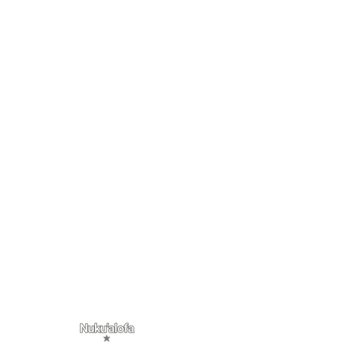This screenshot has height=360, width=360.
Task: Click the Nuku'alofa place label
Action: [107, 329]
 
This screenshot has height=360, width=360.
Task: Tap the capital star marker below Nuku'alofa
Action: [107, 338]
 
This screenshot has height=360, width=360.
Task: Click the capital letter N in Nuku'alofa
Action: [84, 329]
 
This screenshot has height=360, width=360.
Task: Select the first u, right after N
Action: [91, 329]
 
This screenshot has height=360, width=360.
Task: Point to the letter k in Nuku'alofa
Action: [97, 329]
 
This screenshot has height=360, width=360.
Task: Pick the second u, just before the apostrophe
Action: [104, 329]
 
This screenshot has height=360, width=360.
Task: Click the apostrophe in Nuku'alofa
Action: [108, 325]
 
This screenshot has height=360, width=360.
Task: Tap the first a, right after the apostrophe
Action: [112, 329]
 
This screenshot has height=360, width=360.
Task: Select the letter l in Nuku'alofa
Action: [116, 329]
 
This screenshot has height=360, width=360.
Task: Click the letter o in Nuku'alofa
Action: [120, 329]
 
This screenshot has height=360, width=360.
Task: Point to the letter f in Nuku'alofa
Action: [126, 329]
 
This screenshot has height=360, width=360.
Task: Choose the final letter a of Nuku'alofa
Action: [132, 329]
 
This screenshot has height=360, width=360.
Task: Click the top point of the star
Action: [107, 335]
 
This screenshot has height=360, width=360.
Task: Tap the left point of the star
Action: [103, 337]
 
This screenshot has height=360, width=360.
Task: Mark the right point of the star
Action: [110, 337]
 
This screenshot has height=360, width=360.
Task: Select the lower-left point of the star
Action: [104, 342]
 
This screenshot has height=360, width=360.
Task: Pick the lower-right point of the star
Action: [109, 342]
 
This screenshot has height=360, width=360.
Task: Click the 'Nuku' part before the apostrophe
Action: [93, 329]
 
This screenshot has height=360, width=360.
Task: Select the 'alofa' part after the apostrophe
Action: [122, 329]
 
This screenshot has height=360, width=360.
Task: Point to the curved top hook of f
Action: [127, 324]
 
